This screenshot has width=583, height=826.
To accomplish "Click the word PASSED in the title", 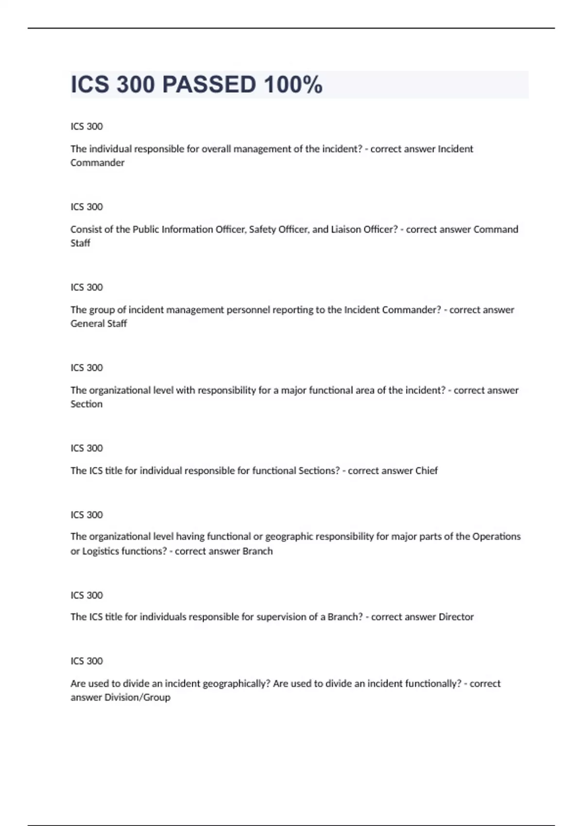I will [209, 85].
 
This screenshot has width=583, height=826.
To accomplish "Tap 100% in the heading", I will [293, 85].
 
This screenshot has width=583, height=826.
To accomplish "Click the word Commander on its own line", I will [97, 163].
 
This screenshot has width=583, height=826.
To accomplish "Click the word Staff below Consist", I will [80, 243].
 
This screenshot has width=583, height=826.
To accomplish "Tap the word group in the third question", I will [102, 310].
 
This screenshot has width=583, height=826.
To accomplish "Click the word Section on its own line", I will [86, 404].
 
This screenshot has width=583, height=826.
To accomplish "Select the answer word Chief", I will [427, 471].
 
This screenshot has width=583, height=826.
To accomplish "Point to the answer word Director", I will [456, 617].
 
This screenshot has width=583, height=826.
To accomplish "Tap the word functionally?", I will [414, 684].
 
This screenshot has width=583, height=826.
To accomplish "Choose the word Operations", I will [497, 536].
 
